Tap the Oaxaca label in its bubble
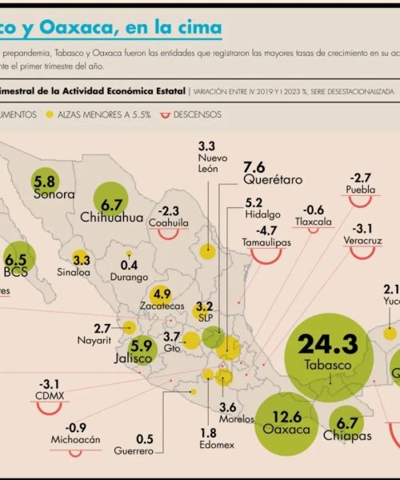pyautogui.click(x=286, y=430)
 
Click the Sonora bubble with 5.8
pyautogui.click(x=45, y=182)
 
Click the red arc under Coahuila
pyautogui.click(x=167, y=234)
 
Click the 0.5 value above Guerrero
pyautogui.click(x=145, y=438)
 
